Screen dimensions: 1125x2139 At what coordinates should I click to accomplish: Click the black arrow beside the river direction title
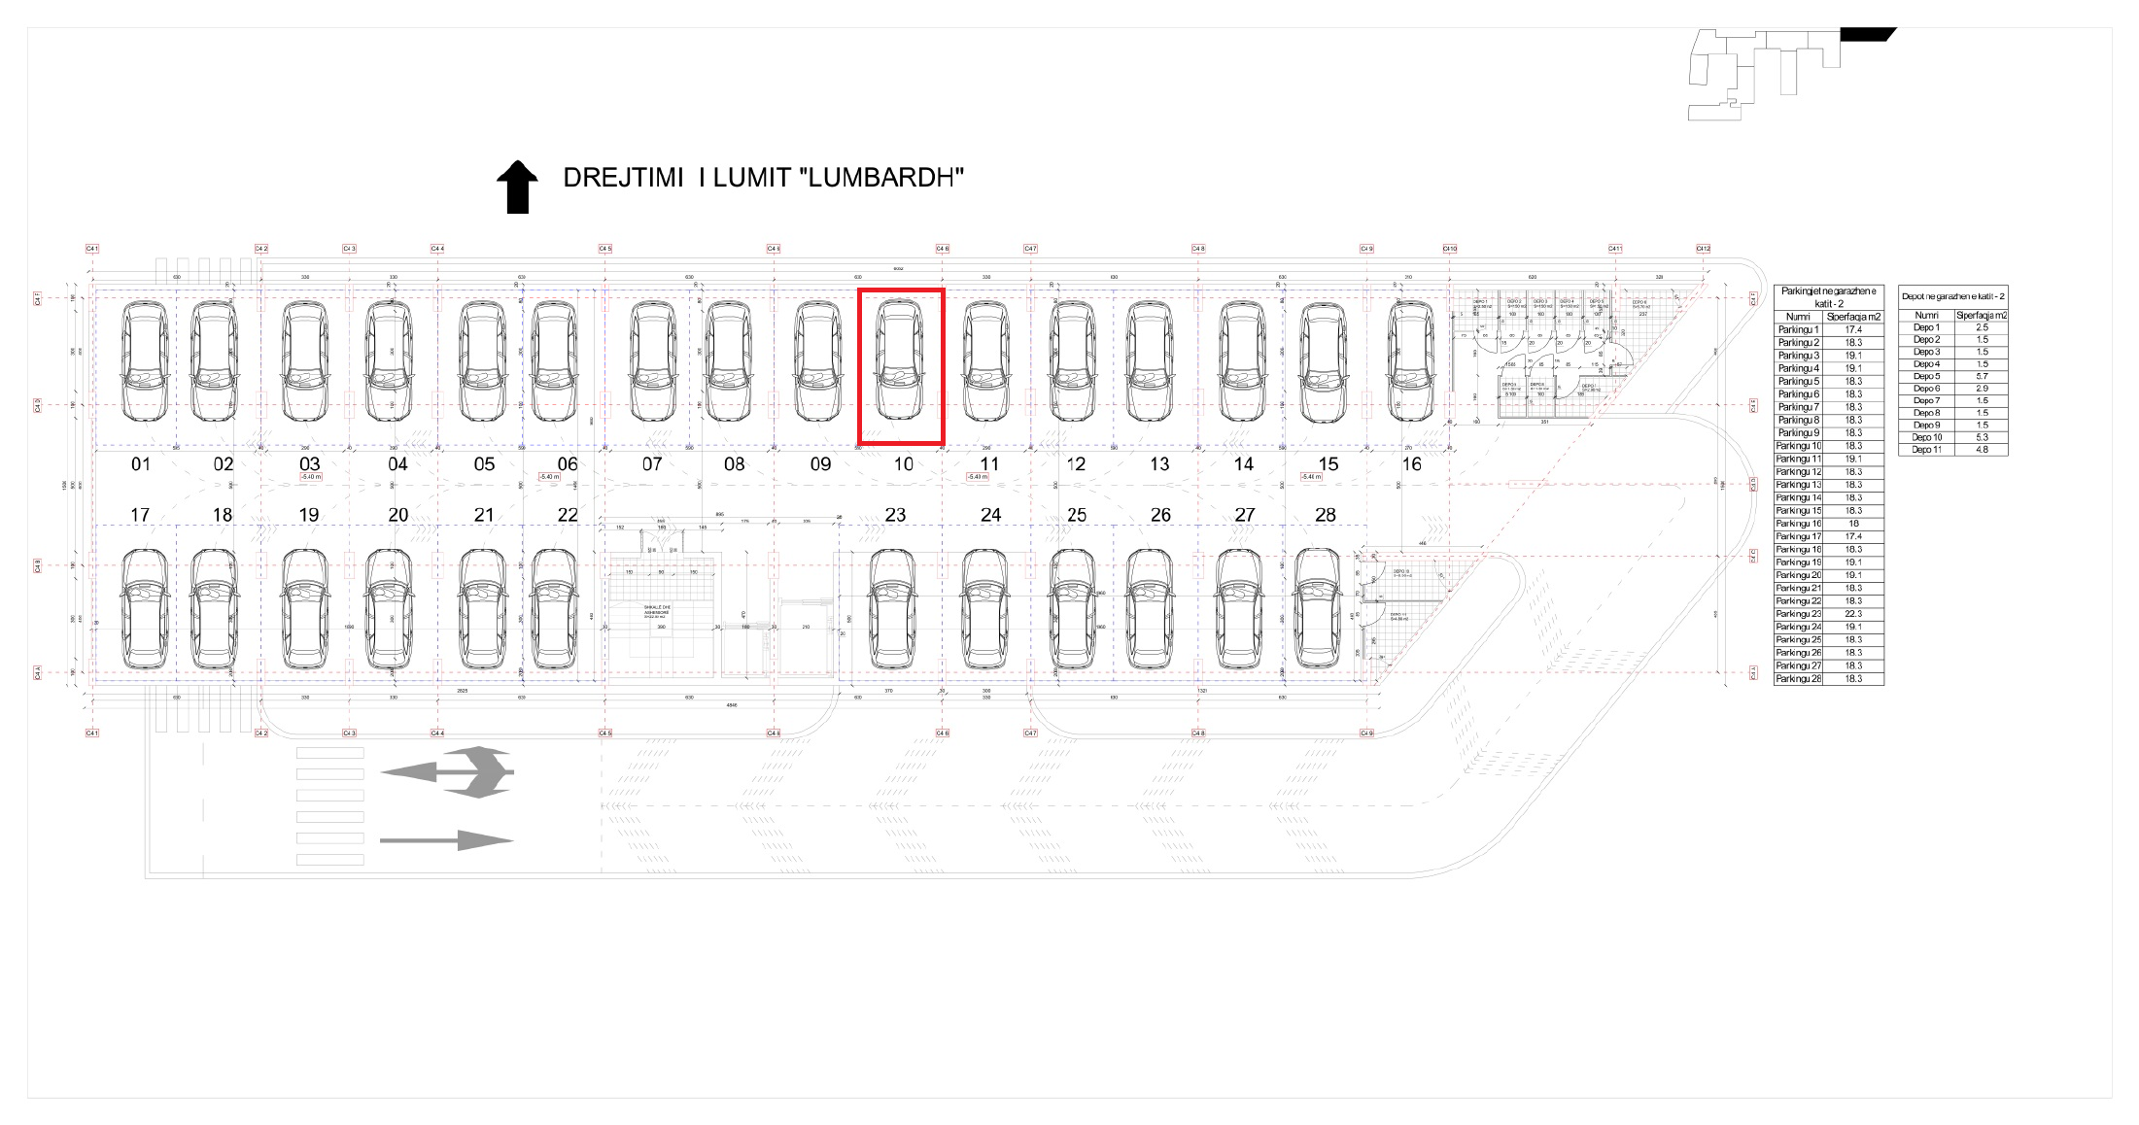[517, 187]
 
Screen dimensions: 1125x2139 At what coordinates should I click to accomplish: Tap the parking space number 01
[141, 464]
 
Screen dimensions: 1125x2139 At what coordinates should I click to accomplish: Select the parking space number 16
[1411, 464]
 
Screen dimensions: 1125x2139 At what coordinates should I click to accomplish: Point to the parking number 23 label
[895, 515]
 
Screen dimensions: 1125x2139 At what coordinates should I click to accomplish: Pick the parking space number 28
[1326, 515]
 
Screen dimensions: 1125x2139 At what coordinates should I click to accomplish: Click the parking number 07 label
[652, 464]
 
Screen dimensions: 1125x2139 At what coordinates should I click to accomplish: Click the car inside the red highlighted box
[900, 360]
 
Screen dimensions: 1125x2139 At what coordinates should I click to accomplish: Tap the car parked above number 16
[1411, 360]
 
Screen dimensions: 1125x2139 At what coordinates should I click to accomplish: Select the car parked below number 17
[144, 609]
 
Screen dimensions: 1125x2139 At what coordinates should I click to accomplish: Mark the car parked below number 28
[1318, 609]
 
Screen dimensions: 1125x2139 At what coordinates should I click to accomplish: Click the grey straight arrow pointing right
[446, 840]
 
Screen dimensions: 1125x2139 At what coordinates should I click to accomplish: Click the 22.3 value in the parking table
[1853, 614]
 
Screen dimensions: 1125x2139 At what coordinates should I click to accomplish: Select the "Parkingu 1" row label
[1798, 330]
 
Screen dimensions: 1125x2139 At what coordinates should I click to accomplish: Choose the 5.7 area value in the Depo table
[1982, 376]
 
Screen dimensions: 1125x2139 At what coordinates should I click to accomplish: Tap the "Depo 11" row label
[1926, 450]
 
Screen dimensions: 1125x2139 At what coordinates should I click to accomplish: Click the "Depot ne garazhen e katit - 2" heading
[1952, 296]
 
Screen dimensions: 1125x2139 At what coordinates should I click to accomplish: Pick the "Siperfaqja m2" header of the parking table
[1853, 317]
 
